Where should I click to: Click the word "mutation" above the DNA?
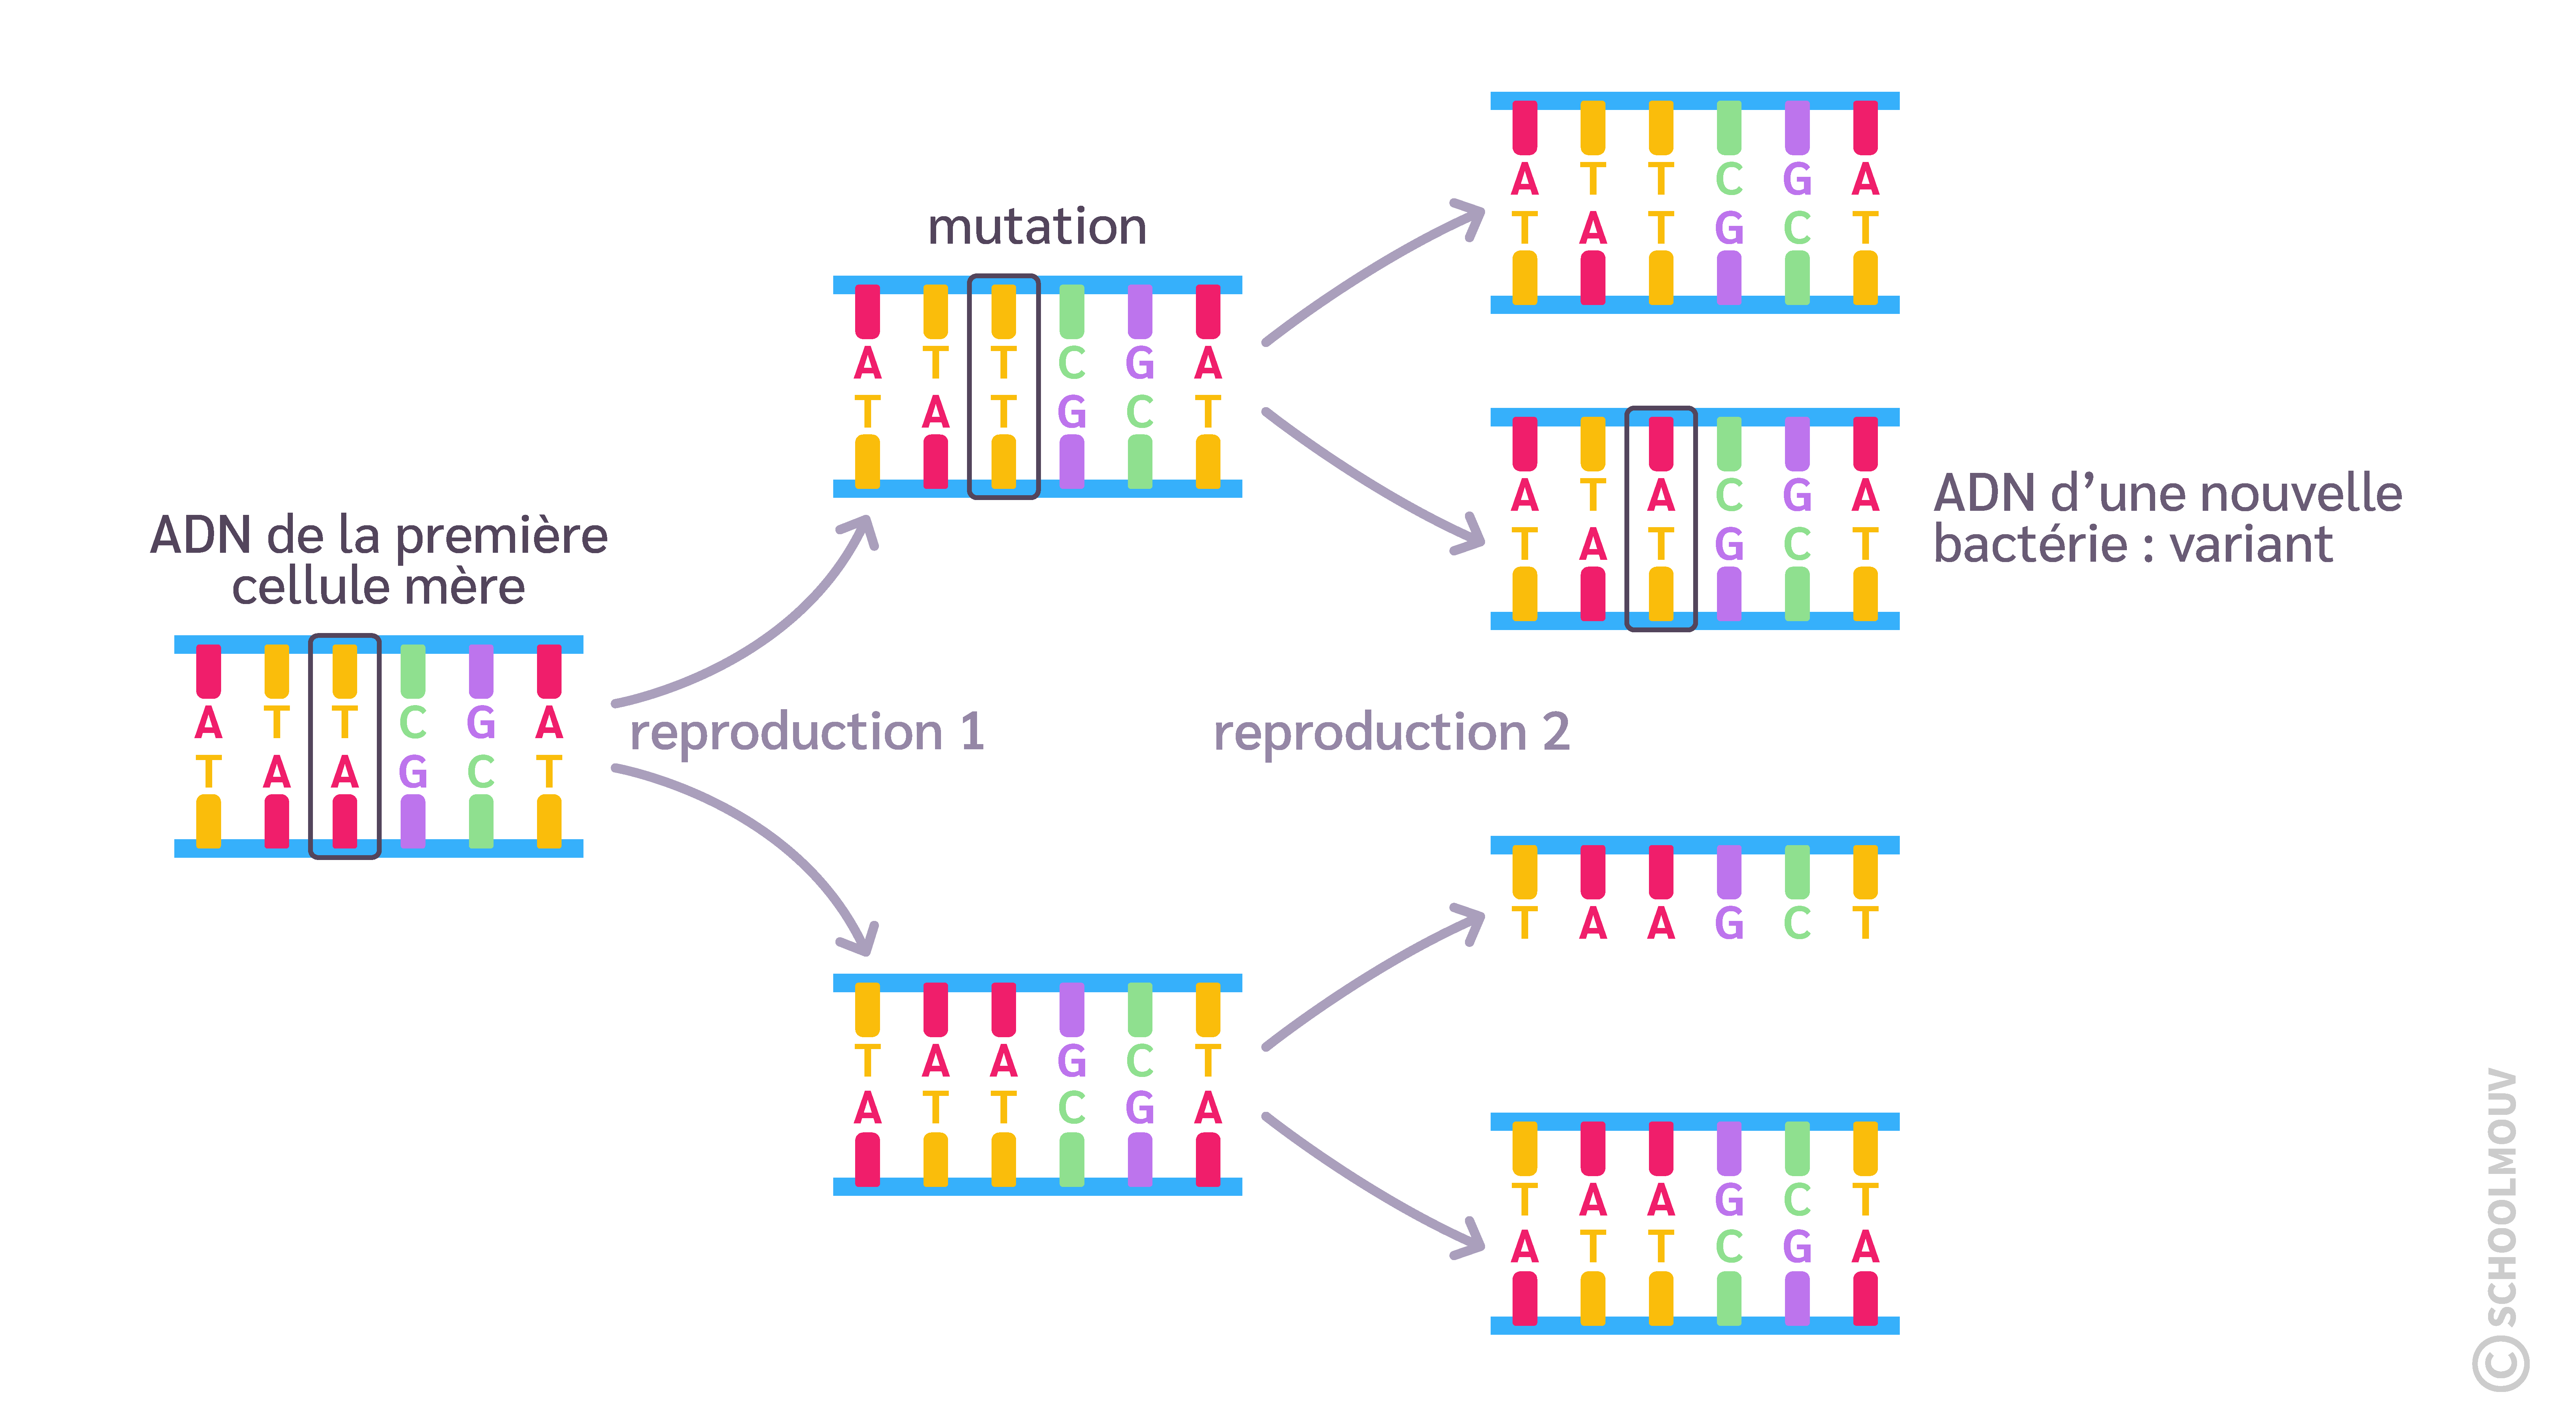[1036, 227]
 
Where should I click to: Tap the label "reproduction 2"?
[1391, 733]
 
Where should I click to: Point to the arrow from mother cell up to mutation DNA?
[754, 635]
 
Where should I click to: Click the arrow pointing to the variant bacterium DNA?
[1379, 486]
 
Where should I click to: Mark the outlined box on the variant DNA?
[1660, 519]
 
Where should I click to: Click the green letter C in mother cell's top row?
[413, 723]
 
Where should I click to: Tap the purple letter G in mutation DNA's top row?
[1140, 363]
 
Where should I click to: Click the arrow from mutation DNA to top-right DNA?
[1379, 268]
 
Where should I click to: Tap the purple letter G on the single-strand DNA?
[1729, 923]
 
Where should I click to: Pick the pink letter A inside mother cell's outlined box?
[344, 772]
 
